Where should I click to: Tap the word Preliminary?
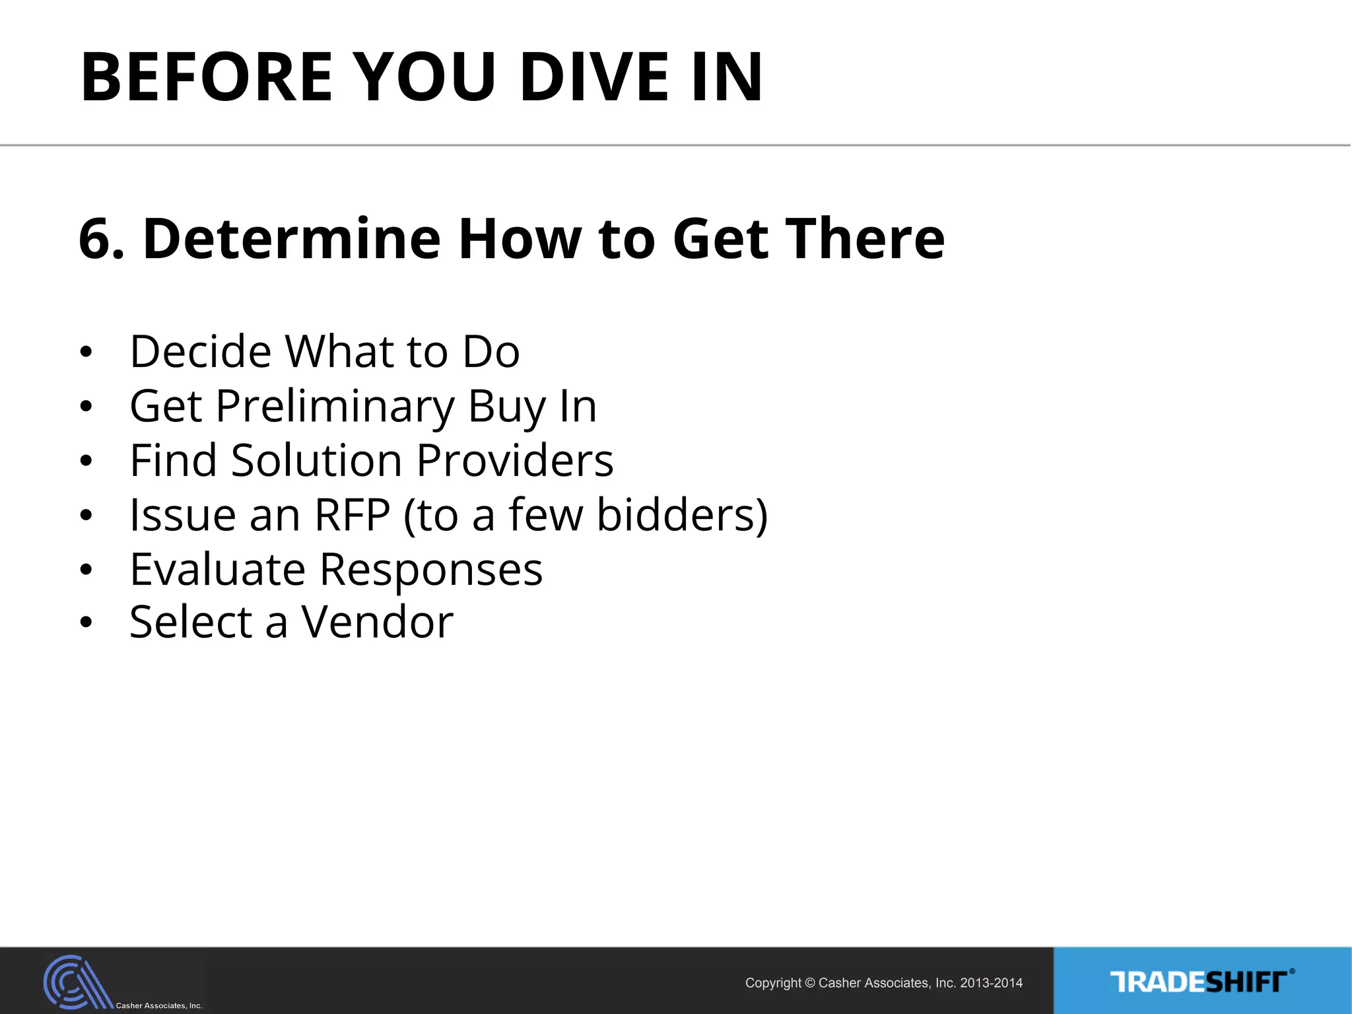pyautogui.click(x=335, y=406)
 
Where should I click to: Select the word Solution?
pyautogui.click(x=316, y=460)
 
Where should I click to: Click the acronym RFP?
pyautogui.click(x=352, y=515)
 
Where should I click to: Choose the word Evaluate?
pyautogui.click(x=217, y=569)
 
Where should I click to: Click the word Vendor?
pyautogui.click(x=377, y=623)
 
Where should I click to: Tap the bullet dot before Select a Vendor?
pyautogui.click(x=86, y=623)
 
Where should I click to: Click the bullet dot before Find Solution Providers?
pyautogui.click(x=86, y=461)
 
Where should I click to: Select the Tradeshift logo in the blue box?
pyautogui.click(x=1201, y=982)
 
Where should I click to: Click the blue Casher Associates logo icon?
pyautogui.click(x=76, y=982)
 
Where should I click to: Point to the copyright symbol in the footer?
pyautogui.click(x=810, y=983)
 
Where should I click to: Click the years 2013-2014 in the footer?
pyautogui.click(x=991, y=983)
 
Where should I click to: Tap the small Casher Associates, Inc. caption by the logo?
pyautogui.click(x=159, y=1005)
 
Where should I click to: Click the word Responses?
pyautogui.click(x=431, y=569)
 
